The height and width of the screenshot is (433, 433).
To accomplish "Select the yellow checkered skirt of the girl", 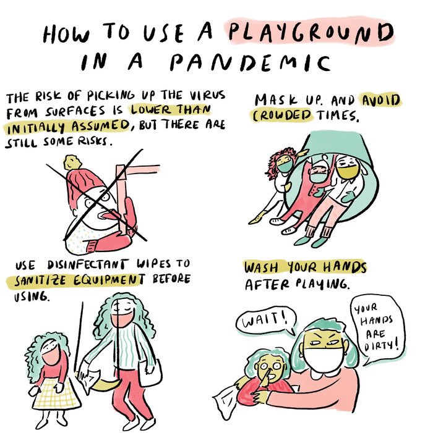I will [56, 395].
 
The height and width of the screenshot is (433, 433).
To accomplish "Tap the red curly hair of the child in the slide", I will [275, 162].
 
